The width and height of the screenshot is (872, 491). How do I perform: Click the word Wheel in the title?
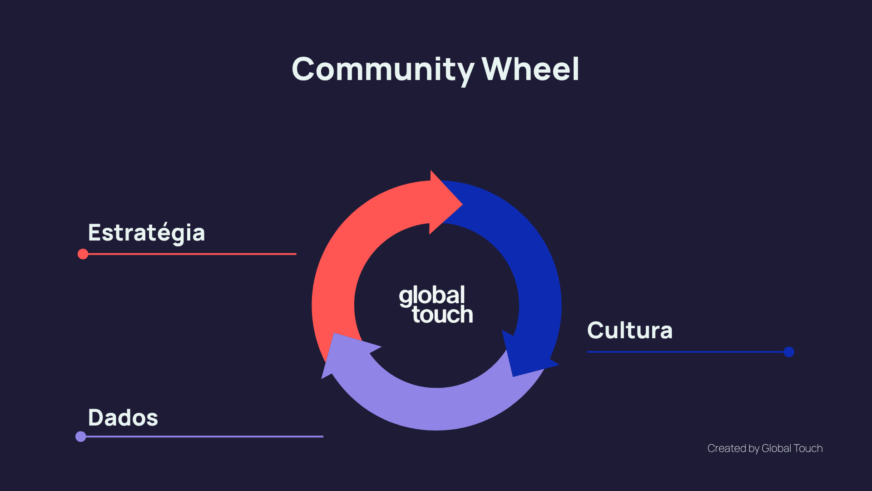coord(530,70)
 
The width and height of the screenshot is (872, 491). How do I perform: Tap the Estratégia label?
coord(146,233)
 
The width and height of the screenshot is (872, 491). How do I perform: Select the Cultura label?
coord(629,331)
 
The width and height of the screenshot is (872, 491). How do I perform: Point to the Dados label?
coord(123,418)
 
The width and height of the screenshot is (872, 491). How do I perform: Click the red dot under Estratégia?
coord(83,254)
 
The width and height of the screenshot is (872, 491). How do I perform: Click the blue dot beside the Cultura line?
coord(789,352)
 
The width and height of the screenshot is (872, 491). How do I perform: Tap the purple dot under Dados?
coord(81,437)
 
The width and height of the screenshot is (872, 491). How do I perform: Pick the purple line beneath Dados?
coord(204,437)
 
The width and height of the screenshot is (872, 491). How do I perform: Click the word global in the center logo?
coord(432,296)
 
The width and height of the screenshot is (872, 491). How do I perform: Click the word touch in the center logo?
coord(442,315)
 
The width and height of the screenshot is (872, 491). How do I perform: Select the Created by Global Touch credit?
coord(765,449)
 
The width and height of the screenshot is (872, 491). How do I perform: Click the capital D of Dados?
coord(96,418)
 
